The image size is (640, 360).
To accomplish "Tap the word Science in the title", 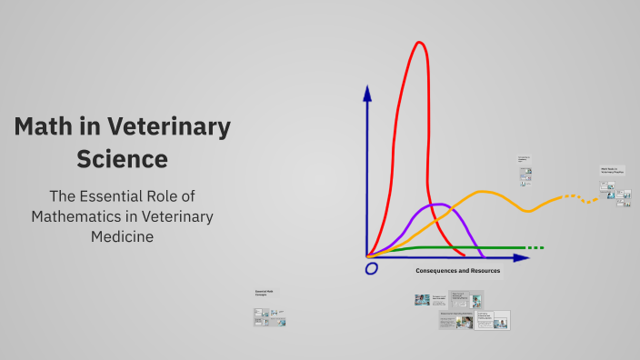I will pyautogui.click(x=122, y=159).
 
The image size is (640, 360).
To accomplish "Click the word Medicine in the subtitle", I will pyautogui.click(x=122, y=236).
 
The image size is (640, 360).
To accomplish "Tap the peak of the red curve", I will pyautogui.click(x=419, y=43).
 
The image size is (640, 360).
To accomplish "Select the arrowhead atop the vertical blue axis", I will pyautogui.click(x=367, y=93).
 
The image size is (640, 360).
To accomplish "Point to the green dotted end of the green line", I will pyautogui.click(x=535, y=247).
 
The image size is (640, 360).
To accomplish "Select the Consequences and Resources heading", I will pyautogui.click(x=459, y=271).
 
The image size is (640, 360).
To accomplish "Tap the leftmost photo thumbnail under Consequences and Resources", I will pyautogui.click(x=422, y=299).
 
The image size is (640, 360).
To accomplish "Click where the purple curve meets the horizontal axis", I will pyautogui.click(x=482, y=257).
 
